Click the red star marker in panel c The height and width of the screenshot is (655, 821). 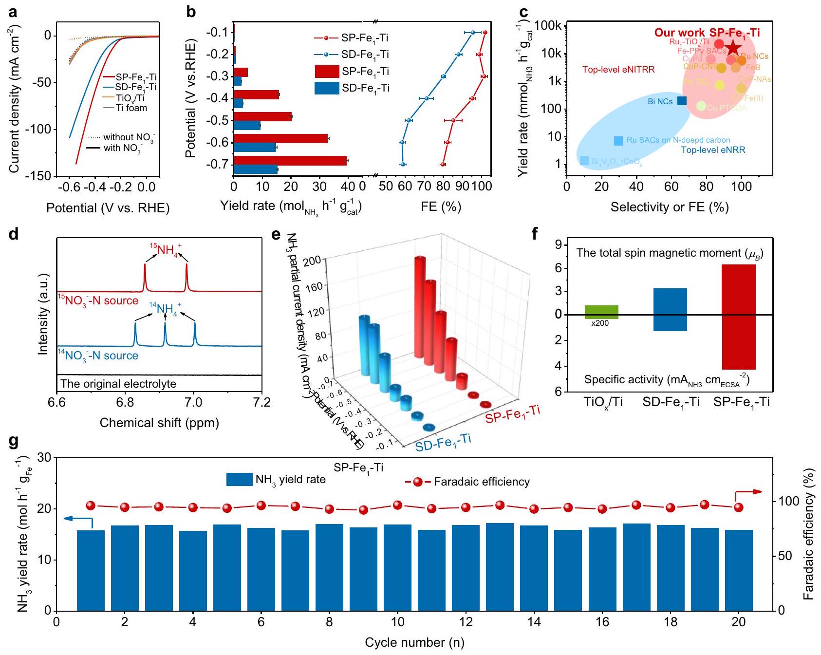pos(733,48)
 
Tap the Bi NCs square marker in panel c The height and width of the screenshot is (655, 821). pos(682,101)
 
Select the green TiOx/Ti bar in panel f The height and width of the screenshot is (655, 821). pos(601,312)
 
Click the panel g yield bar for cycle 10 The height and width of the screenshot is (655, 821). pos(397,567)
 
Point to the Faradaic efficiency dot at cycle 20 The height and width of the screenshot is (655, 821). pos(739,507)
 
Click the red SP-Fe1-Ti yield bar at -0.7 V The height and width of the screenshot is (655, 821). pos(290,161)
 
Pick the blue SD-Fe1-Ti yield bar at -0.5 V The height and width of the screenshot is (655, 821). pos(247,126)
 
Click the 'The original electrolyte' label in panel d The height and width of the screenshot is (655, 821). pos(118,384)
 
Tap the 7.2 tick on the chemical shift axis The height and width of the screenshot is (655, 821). pos(262,403)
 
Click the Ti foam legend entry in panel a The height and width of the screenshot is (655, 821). pos(131,108)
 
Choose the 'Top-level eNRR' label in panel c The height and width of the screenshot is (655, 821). pos(713,150)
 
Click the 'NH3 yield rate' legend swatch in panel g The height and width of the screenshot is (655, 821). pos(239,479)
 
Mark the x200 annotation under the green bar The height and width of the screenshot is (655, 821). pos(600,323)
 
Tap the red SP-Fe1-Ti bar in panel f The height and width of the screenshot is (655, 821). pos(739,317)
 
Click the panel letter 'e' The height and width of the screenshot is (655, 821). pos(276,235)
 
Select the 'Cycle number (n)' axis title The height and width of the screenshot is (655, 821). pos(414,642)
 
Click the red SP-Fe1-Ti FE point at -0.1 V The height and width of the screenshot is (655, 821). pos(485,33)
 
